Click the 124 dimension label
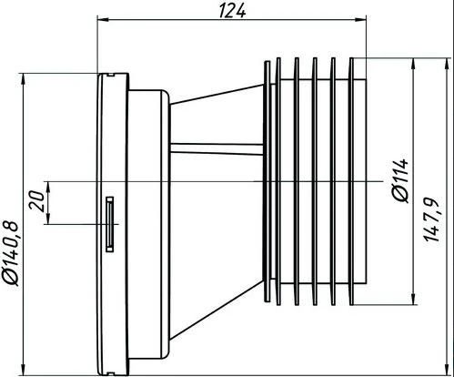pos(232,11)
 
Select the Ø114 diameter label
pos(401,180)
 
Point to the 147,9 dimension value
pos(431,219)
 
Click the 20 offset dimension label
pos(36,201)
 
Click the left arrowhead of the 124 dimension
pos(102,20)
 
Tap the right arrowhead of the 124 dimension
pos(361,20)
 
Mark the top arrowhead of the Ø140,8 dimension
pos(23,78)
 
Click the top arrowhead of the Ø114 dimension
pos(413,64)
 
